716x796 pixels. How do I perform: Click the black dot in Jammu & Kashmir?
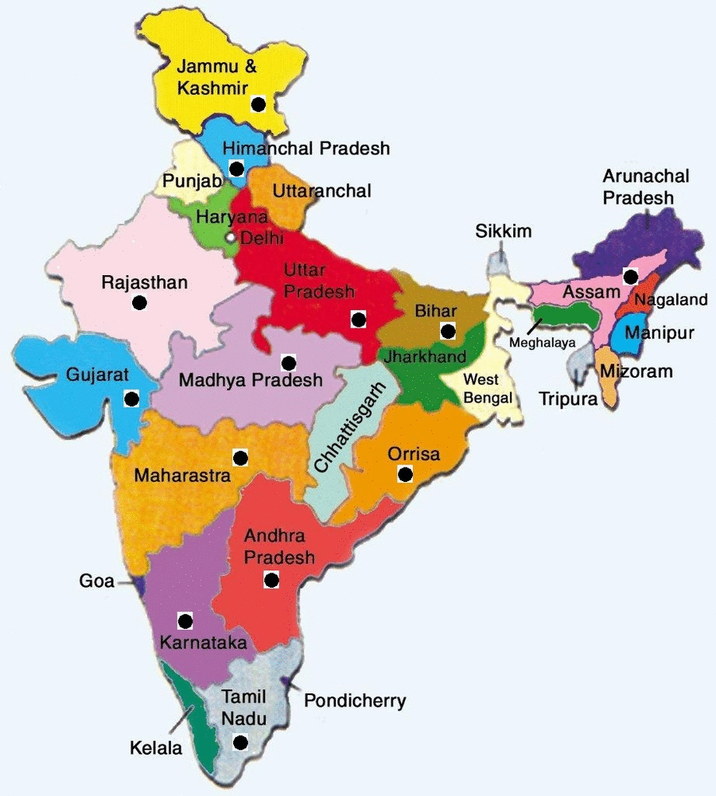pos(257,103)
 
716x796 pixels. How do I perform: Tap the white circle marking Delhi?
pos(231,237)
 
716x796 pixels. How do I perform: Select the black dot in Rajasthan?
pos(139,303)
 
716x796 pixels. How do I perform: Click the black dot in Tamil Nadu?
pos(239,744)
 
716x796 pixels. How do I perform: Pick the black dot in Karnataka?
pos(186,620)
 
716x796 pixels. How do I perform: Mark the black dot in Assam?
pos(630,276)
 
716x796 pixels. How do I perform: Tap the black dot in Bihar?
pos(448,331)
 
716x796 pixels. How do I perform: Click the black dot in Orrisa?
pos(405,475)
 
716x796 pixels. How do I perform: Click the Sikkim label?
pos(504,231)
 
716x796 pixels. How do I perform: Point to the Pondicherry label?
pos(355,701)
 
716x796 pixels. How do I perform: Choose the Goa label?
pos(97,581)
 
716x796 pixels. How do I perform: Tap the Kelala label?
pos(156,748)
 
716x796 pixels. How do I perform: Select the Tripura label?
pos(567,399)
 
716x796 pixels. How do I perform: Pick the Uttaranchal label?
pos(321,192)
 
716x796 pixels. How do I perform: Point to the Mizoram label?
pos(636,371)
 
